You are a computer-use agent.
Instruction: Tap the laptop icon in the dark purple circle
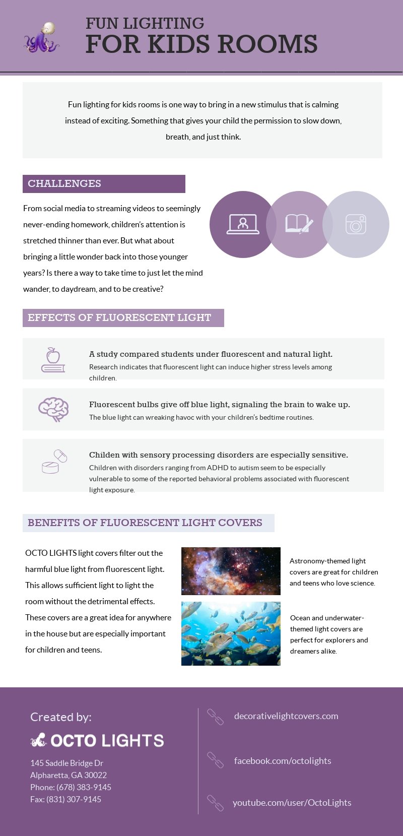243,224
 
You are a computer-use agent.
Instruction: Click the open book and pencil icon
299,224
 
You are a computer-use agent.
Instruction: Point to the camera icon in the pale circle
356,224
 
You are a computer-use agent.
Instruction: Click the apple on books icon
53,360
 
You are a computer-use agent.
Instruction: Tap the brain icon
53,409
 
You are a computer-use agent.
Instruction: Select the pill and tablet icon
54,462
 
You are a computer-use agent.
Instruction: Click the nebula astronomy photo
231,571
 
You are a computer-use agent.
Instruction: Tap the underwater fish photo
231,633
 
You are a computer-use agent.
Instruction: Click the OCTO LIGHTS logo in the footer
97,740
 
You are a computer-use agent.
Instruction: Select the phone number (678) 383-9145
84,787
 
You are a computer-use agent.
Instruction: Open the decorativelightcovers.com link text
286,716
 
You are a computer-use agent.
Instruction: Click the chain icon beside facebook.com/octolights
215,760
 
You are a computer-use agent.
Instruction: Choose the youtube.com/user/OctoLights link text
292,802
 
